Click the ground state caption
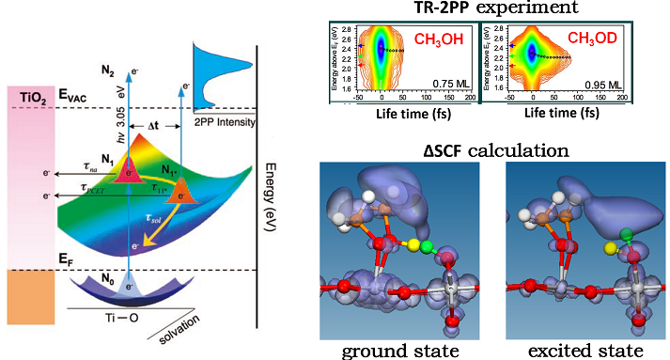pyautogui.click(x=400, y=350)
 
